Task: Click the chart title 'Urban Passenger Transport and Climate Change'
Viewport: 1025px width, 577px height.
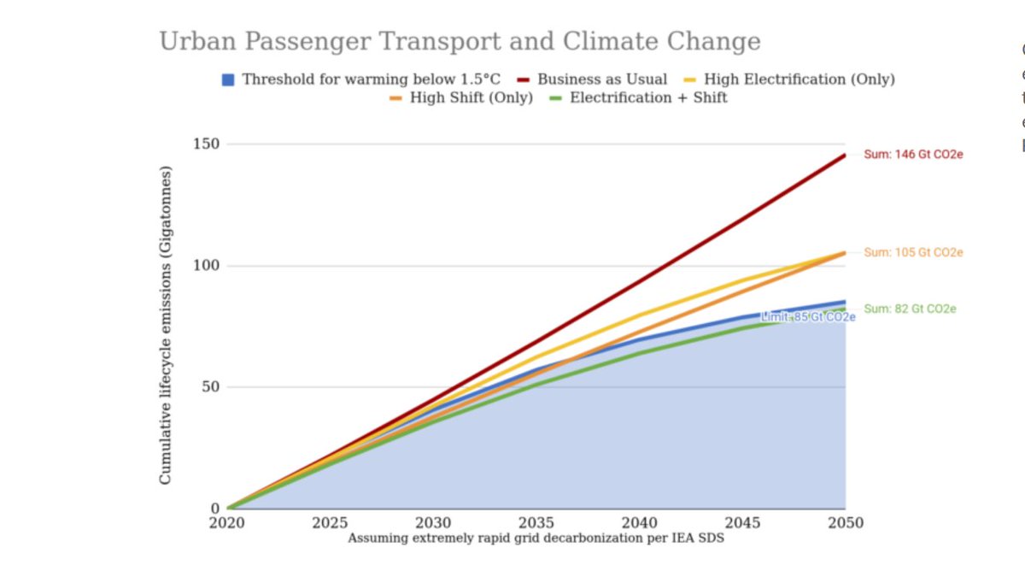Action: coord(460,41)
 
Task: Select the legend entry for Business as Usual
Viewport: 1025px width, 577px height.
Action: coord(601,79)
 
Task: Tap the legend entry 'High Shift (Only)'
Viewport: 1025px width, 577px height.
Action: coord(471,97)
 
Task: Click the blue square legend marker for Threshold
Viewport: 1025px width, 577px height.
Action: coord(228,79)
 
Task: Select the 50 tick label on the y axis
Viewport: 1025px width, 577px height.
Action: coord(208,386)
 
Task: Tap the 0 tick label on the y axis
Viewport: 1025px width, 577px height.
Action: coord(214,509)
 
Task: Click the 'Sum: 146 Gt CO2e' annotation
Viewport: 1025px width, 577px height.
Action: coord(913,155)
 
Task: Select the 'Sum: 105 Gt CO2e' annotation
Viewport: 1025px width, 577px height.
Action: coord(913,253)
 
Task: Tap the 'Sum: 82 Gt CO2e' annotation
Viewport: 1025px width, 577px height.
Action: coord(910,309)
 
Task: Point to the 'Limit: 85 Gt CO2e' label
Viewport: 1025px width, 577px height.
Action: coord(807,317)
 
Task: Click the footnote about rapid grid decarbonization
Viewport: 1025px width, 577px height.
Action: coord(536,539)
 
